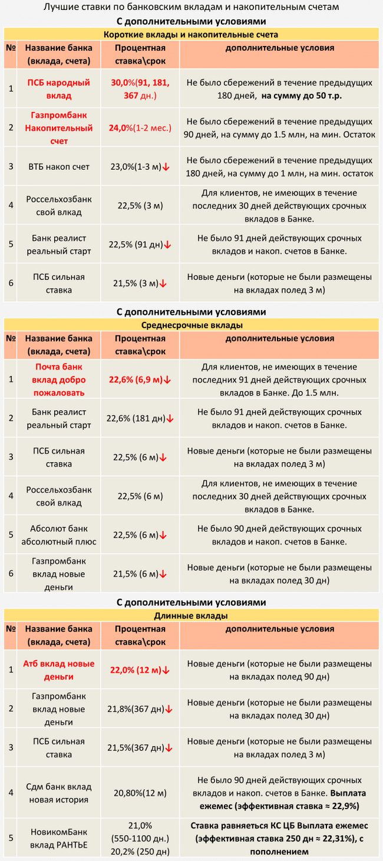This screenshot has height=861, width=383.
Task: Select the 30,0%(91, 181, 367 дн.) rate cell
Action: (140, 88)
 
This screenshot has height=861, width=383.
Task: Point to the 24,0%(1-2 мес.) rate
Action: (140, 128)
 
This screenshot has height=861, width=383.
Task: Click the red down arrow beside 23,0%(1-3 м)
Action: (166, 167)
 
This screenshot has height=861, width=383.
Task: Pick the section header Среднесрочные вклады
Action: (191, 325)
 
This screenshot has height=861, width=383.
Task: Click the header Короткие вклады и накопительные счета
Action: (191, 35)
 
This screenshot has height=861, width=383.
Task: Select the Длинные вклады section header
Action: (191, 615)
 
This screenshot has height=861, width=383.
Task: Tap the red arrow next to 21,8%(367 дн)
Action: (169, 710)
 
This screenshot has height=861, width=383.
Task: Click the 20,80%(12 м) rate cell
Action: (140, 793)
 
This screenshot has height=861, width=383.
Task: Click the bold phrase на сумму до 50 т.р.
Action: (302, 95)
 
